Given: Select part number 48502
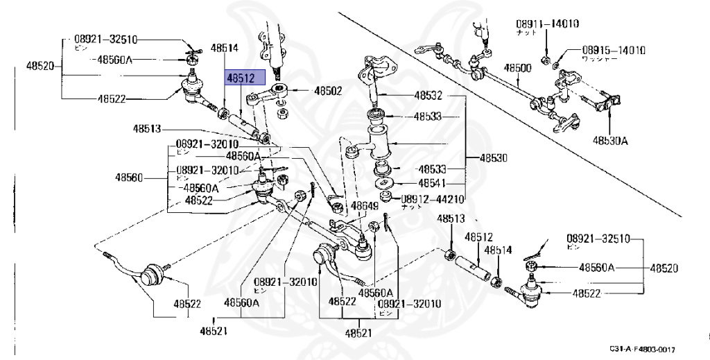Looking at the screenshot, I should (x=328, y=90).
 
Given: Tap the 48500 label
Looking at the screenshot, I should (x=517, y=68).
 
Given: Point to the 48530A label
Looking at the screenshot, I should (x=610, y=141).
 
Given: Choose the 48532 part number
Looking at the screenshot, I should (x=428, y=95).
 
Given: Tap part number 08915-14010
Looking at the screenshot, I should (x=614, y=50).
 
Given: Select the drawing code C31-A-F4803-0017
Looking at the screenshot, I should (x=643, y=349).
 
